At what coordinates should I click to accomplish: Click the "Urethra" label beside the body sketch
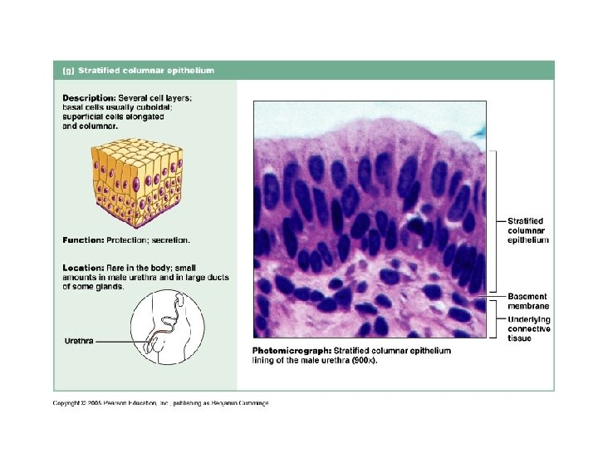[79, 341]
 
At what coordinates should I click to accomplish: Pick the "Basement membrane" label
[527, 301]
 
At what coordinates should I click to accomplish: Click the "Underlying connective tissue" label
[528, 328]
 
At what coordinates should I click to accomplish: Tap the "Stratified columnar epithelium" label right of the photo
[528, 230]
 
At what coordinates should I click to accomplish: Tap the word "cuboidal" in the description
[173, 107]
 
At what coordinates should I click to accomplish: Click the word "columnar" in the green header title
[148, 71]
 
